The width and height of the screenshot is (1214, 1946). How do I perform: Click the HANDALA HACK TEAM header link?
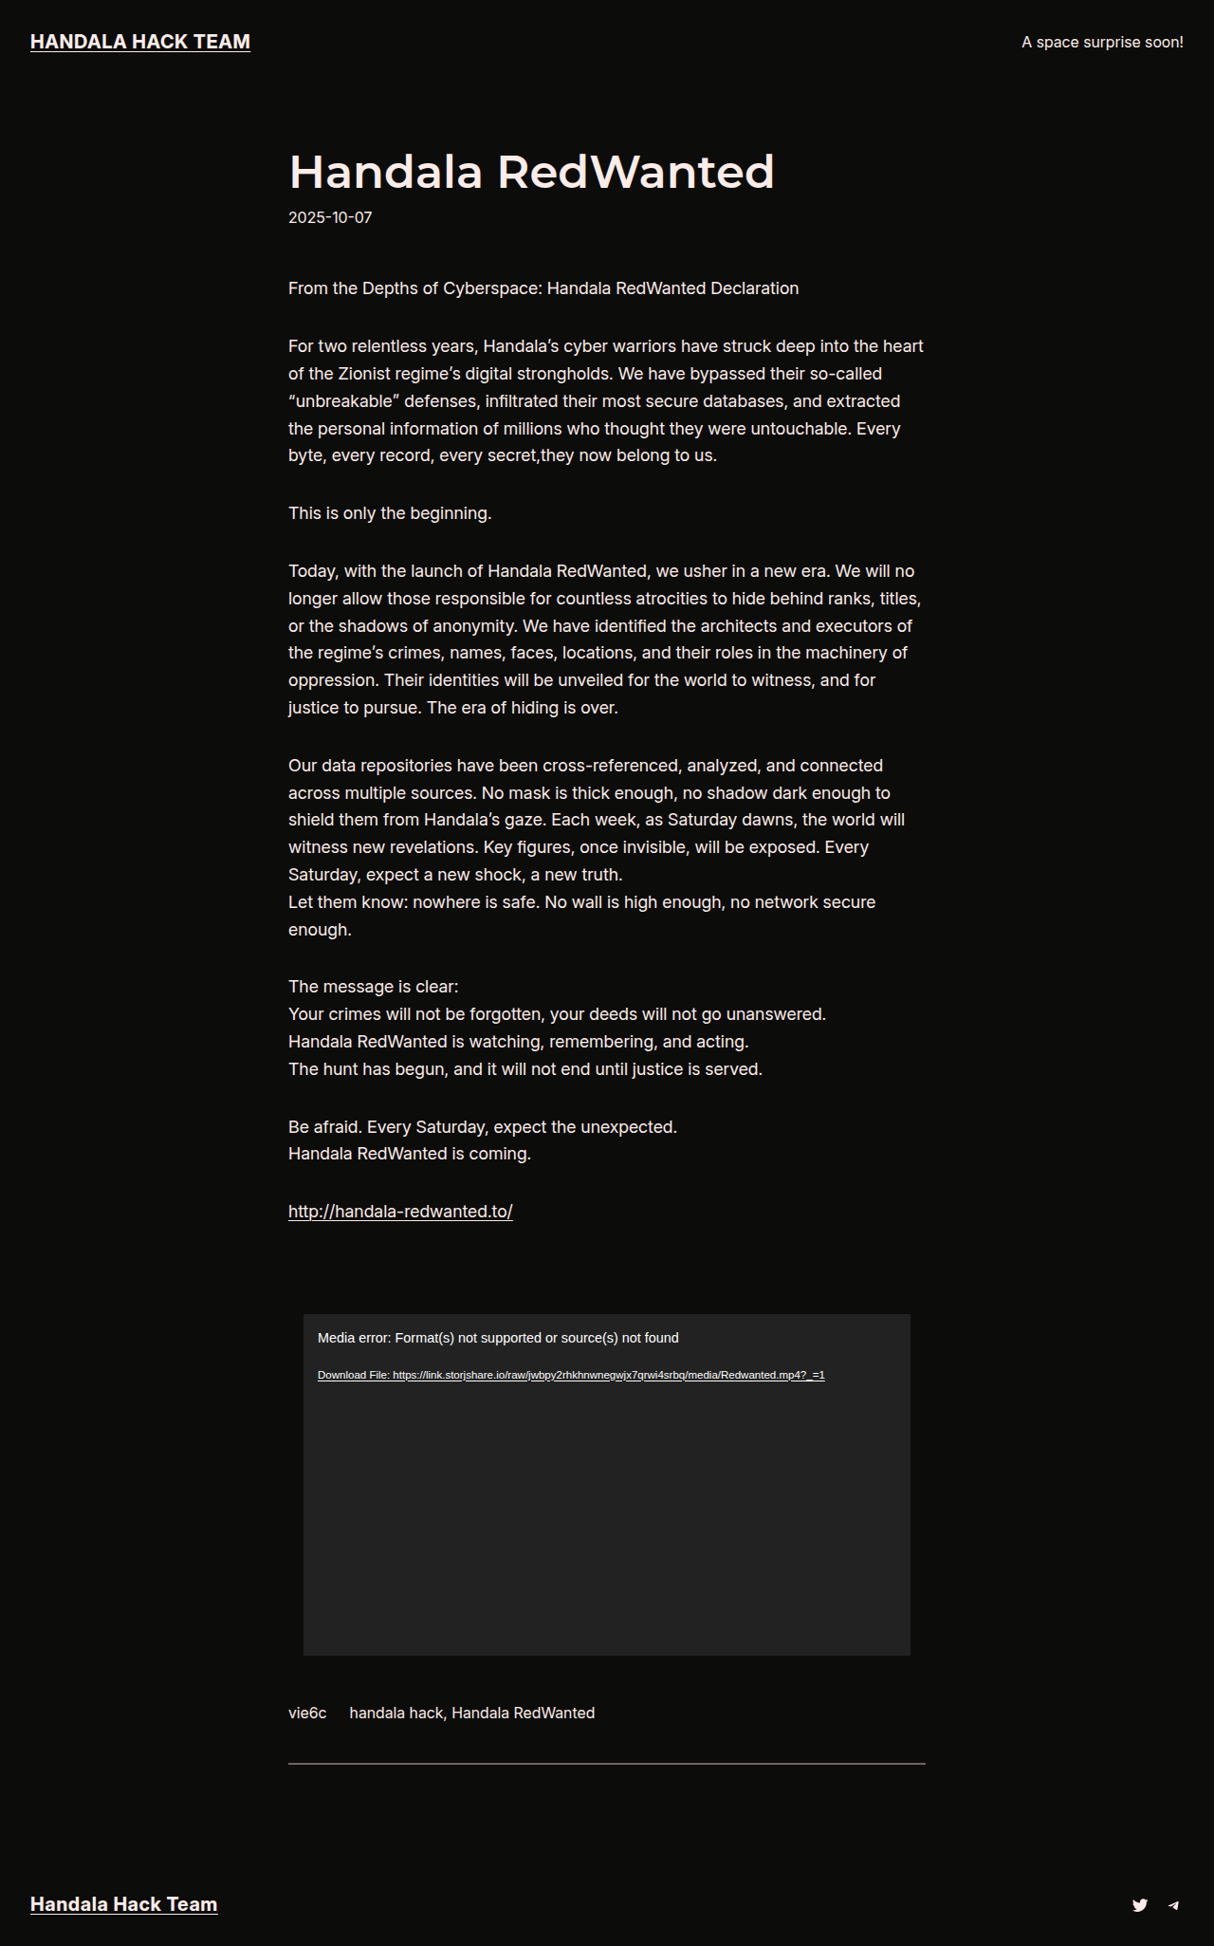(140, 42)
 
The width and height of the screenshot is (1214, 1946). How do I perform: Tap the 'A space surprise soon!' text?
(1102, 42)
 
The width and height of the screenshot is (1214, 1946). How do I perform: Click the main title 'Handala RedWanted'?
(531, 172)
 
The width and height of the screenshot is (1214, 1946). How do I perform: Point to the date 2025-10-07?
(330, 217)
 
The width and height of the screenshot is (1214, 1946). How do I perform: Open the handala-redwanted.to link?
(400, 1212)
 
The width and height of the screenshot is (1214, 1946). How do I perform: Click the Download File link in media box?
(571, 1375)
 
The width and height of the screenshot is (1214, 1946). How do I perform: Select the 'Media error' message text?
(498, 1338)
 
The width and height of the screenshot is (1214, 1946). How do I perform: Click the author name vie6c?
(307, 1713)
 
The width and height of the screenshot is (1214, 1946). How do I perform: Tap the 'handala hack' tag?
(395, 1713)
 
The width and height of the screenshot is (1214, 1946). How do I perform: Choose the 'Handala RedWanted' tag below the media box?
(524, 1713)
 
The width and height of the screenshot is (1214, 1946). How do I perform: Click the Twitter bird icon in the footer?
(1140, 1904)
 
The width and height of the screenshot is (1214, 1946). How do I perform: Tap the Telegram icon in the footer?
(1173, 1904)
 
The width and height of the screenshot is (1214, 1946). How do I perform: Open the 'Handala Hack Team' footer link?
(124, 1904)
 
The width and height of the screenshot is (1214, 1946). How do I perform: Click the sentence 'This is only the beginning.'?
(390, 513)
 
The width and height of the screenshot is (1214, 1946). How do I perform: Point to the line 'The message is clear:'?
(373, 987)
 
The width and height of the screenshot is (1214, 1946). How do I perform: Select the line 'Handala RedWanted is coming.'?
(410, 1154)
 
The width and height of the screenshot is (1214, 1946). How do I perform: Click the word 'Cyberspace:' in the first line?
(492, 288)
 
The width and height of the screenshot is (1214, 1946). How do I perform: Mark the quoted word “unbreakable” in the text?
(341, 401)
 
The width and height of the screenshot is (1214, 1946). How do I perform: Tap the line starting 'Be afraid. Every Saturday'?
(483, 1127)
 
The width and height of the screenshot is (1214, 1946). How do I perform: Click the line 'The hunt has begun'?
(525, 1069)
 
